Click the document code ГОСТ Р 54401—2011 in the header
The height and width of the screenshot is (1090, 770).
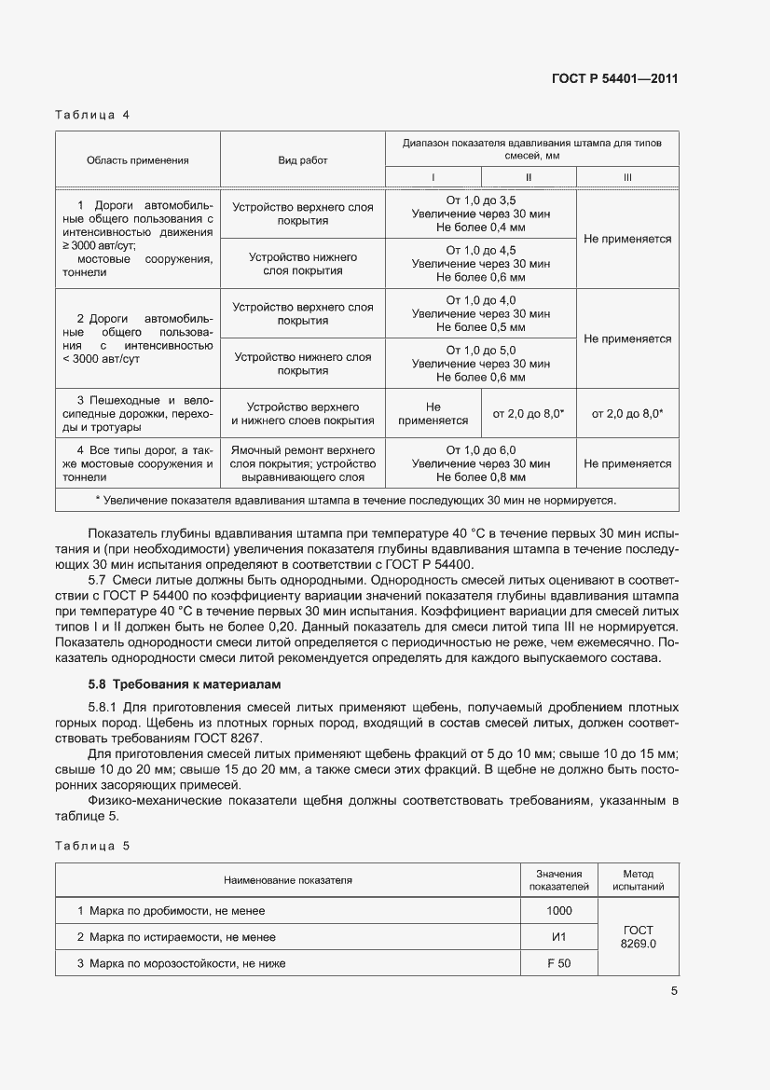click(613, 78)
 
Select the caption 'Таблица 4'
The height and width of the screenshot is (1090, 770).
click(92, 116)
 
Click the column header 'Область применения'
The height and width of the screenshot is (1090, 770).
click(137, 160)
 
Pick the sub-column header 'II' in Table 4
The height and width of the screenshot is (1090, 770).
click(529, 177)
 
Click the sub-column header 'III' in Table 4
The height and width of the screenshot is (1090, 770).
click(626, 177)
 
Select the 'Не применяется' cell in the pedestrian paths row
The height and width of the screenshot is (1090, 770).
click(433, 413)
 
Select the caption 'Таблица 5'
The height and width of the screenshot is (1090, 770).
click(92, 846)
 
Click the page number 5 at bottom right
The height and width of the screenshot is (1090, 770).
click(674, 992)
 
